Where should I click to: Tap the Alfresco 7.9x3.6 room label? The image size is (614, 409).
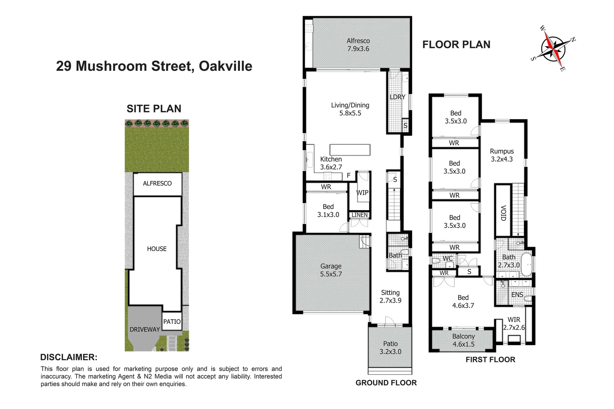(x=358, y=45)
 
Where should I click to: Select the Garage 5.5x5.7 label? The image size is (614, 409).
(x=331, y=270)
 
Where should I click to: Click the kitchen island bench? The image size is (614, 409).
(x=349, y=150)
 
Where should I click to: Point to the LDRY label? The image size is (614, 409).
(x=397, y=97)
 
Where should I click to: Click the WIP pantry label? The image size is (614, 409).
(x=362, y=192)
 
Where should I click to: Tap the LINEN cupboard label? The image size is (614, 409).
(x=359, y=215)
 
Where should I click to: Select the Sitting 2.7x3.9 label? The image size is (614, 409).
(x=390, y=297)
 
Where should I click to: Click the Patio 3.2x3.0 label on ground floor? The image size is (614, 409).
(x=390, y=348)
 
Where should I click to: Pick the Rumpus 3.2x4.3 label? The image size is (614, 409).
(x=502, y=155)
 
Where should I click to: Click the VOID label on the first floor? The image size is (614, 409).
(x=503, y=213)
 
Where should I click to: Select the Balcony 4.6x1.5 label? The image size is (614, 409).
(x=463, y=340)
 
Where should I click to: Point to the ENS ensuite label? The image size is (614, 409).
(x=517, y=295)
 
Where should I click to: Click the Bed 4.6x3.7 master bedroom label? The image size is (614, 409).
(x=463, y=301)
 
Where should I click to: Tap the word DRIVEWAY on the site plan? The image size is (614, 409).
(x=145, y=329)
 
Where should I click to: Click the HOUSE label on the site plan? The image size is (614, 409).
(x=157, y=249)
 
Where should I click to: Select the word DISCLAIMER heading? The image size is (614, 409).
(x=69, y=357)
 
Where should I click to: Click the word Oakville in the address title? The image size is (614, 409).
(x=226, y=66)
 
